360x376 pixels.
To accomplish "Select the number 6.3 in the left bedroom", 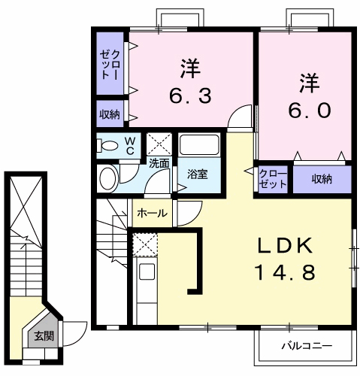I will click(x=188, y=96).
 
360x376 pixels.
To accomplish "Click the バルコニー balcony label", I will click(x=306, y=347).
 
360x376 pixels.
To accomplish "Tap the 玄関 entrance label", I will click(x=43, y=336).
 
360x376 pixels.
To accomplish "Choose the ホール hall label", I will click(x=152, y=213).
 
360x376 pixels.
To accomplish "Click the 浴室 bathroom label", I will click(x=198, y=174).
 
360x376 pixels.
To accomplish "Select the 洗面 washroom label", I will click(x=159, y=162).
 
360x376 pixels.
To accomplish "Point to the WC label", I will click(x=129, y=144).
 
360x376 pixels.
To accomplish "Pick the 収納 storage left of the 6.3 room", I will click(x=109, y=114).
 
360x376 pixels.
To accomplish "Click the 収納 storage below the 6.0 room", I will click(x=322, y=178).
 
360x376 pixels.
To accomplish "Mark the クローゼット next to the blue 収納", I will click(x=271, y=178).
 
